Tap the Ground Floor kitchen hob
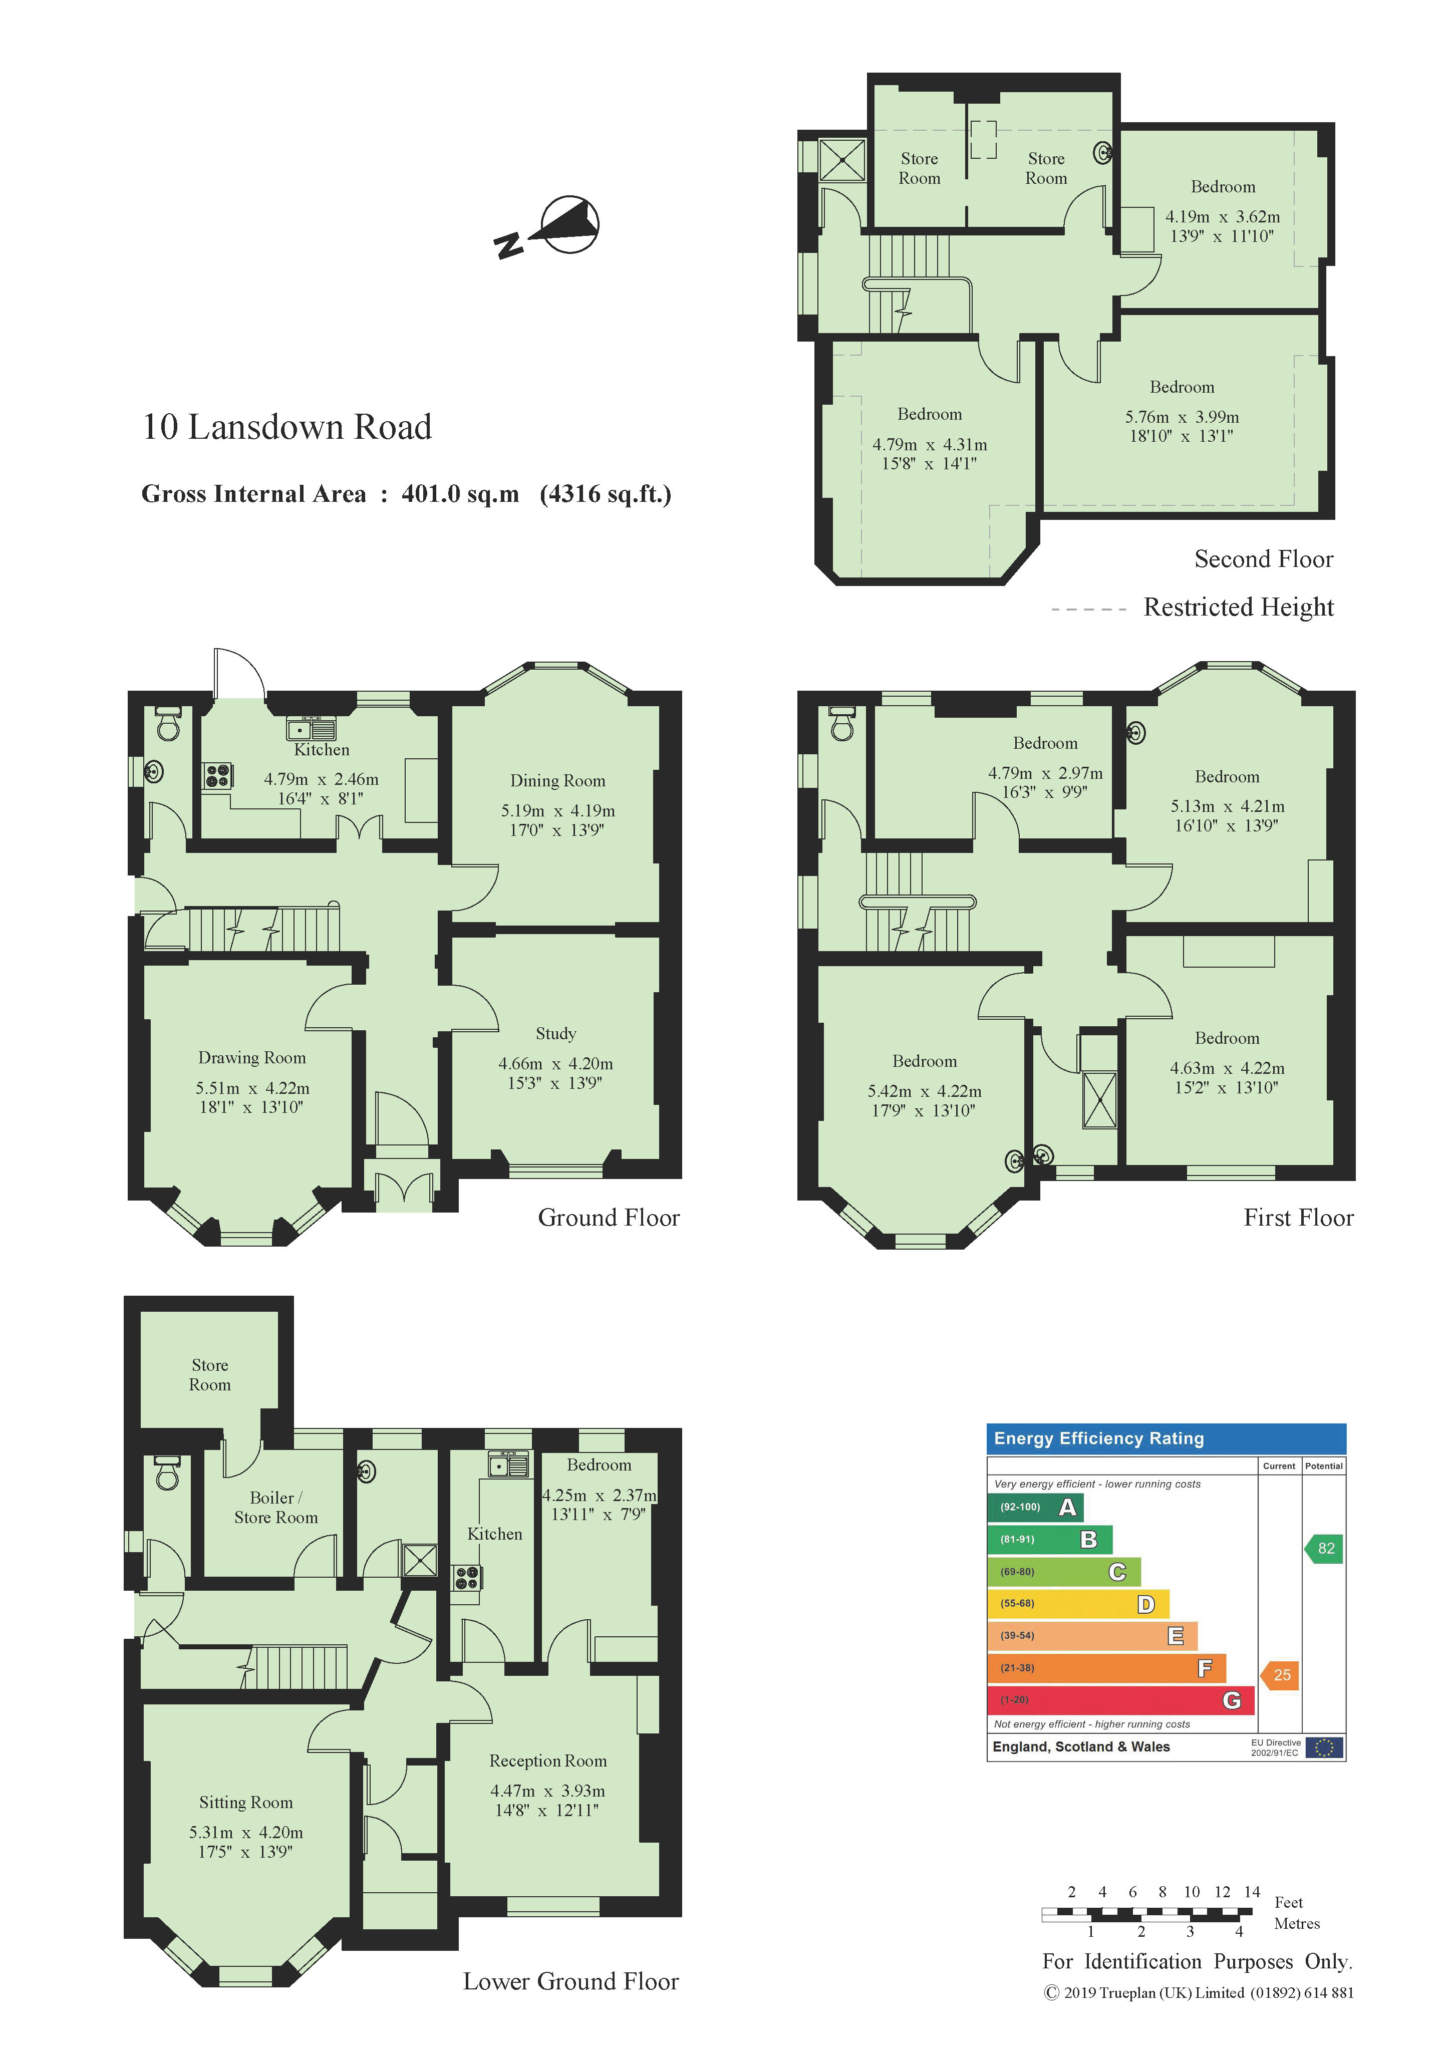[x=217, y=775]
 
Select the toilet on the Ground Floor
[x=167, y=724]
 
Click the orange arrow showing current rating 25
[x=1280, y=1674]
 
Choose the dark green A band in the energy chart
[x=1035, y=1507]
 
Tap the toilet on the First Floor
[x=841, y=724]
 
